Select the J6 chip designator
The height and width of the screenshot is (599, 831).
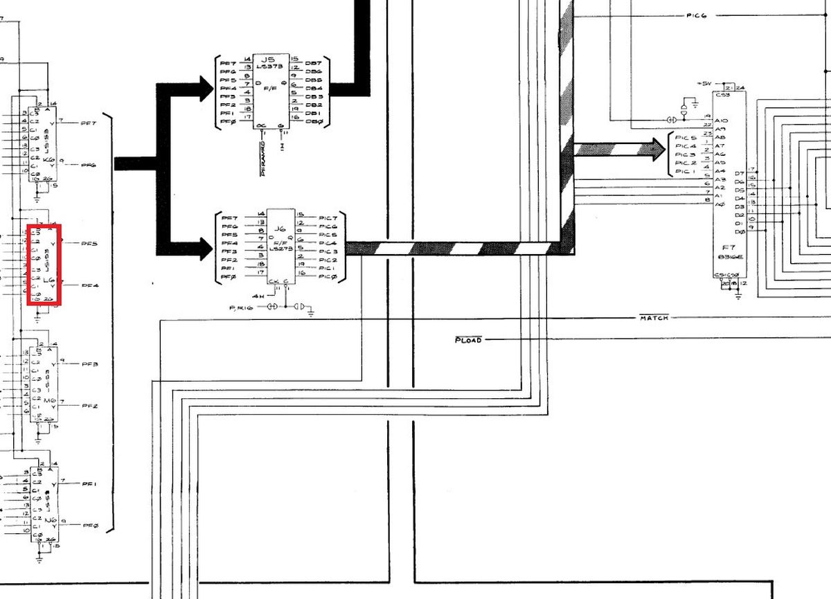[x=280, y=229]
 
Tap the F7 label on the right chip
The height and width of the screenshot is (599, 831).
[x=729, y=247]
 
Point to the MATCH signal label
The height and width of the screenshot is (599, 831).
[x=654, y=318]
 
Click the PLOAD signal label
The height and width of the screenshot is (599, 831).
[x=467, y=340]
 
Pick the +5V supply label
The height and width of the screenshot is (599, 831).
[x=704, y=84]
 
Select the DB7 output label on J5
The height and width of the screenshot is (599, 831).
[x=313, y=64]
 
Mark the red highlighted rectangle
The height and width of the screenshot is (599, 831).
[x=44, y=265]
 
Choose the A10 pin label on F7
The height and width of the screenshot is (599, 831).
[x=720, y=120]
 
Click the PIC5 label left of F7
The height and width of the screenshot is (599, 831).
[x=686, y=138]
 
